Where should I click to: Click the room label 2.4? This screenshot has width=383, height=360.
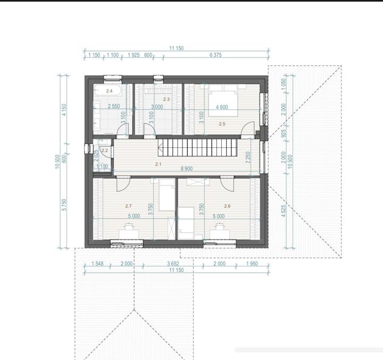click(109, 91)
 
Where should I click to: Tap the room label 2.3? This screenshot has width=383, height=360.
click(166, 99)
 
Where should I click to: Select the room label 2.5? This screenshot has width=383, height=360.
click(222, 124)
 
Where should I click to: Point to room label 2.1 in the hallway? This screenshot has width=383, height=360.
click(159, 164)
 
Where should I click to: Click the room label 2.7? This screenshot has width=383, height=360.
click(129, 206)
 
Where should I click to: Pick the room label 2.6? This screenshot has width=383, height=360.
click(227, 206)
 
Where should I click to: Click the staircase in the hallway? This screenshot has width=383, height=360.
click(197, 147)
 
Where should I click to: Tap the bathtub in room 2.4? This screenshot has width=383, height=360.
click(107, 90)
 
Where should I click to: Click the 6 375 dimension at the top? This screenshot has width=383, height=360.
click(215, 55)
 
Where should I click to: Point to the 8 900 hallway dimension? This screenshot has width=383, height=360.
click(187, 169)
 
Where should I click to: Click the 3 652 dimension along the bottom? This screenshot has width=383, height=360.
click(173, 264)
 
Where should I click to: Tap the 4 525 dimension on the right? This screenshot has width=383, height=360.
click(284, 211)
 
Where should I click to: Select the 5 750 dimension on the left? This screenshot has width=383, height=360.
click(64, 205)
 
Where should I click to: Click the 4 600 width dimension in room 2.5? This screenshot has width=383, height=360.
click(222, 107)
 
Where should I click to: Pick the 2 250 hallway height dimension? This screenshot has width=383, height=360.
click(248, 157)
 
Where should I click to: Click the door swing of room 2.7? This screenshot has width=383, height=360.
click(123, 184)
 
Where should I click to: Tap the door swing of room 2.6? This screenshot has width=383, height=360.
click(227, 184)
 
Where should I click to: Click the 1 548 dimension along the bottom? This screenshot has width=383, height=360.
click(97, 264)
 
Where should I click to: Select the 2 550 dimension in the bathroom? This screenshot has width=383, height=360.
click(114, 106)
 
